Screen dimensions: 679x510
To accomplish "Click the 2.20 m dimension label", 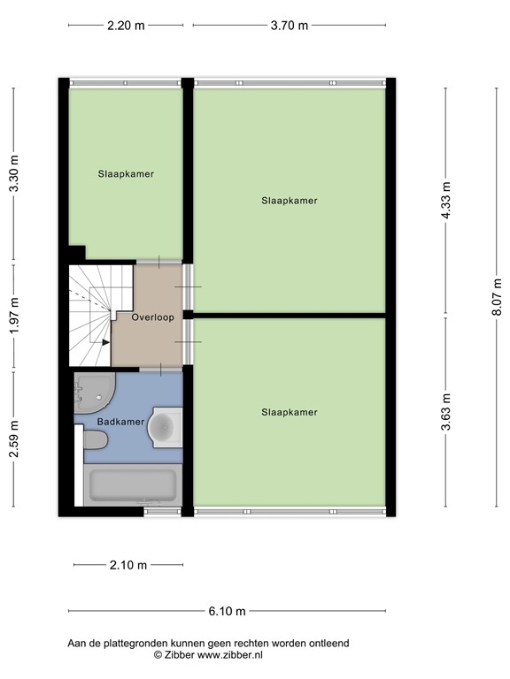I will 126,26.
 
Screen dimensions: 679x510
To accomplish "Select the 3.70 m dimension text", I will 290,26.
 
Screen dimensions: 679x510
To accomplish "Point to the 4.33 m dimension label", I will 446,202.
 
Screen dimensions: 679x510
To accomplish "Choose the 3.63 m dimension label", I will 446,412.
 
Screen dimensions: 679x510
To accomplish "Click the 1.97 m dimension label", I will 13,317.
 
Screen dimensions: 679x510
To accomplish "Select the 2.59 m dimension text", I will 13,439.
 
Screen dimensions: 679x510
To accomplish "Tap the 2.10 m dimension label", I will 128,566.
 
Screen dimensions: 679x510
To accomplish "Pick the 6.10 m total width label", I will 228,611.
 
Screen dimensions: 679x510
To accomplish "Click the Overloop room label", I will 152,317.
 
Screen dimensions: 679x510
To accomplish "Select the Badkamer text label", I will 120,423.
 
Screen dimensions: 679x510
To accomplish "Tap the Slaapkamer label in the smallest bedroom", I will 126,174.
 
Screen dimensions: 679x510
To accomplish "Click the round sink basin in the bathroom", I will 163,426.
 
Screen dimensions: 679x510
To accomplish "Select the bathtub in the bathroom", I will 133,486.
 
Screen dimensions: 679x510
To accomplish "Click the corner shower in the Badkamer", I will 93,392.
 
